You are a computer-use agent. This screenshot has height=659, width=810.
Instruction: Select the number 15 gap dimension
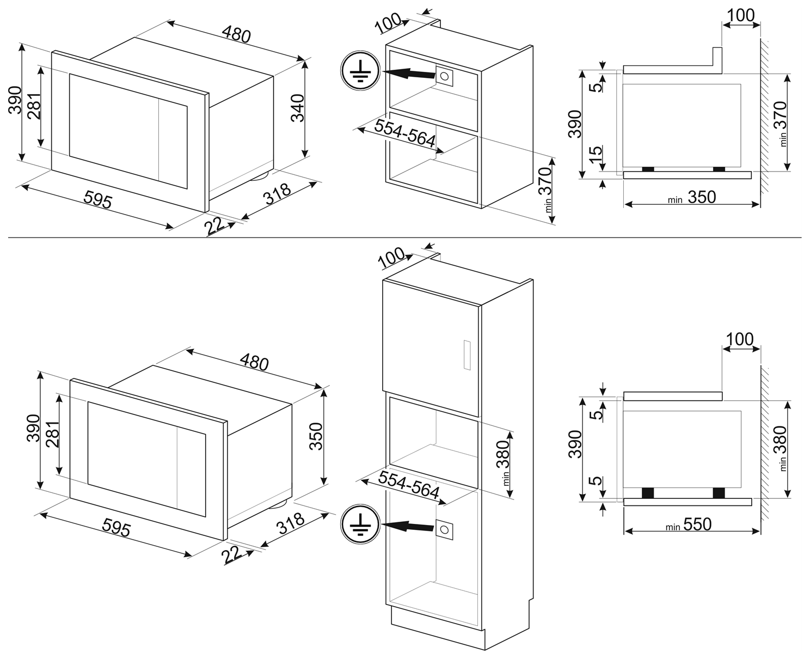click(x=597, y=154)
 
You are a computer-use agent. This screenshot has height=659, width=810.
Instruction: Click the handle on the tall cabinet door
click(x=467, y=355)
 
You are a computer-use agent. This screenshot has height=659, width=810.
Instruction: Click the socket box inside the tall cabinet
click(x=444, y=529)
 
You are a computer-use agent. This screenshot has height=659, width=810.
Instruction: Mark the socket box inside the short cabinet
click(x=444, y=76)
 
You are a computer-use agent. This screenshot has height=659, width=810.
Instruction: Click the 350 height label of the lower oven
click(x=316, y=436)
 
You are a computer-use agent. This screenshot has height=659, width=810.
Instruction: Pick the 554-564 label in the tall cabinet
click(x=408, y=484)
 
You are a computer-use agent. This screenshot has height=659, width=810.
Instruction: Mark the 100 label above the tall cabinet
click(x=391, y=257)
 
